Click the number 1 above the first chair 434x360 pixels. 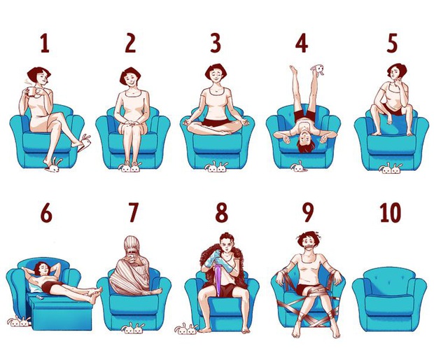[45, 43]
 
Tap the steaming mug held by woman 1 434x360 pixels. [31, 90]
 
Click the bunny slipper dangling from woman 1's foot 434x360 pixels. [84, 143]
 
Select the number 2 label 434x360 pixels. [130, 43]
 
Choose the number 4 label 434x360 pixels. [301, 43]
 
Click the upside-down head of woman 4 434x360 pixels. [304, 145]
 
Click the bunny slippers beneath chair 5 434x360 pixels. [390, 168]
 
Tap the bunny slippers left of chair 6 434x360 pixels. [19, 321]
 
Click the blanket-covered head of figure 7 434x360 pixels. [133, 248]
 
